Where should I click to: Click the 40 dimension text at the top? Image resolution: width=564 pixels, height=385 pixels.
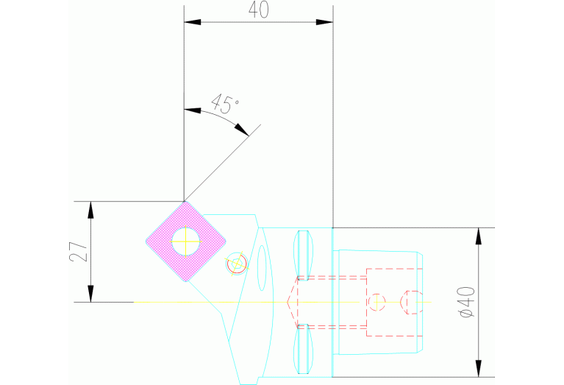(x=256, y=10)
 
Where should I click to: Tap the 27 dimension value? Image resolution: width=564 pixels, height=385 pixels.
(x=82, y=252)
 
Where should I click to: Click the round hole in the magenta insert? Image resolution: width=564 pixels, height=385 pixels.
(x=185, y=239)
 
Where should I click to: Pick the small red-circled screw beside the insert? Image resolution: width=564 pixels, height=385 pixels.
(x=237, y=263)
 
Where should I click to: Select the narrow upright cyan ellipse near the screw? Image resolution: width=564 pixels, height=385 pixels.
(x=260, y=268)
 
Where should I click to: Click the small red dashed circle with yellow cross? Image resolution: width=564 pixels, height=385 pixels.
(x=377, y=301)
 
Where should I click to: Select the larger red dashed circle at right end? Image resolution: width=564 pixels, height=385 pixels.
(x=412, y=301)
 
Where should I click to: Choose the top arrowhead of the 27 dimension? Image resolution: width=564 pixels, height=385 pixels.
(x=91, y=209)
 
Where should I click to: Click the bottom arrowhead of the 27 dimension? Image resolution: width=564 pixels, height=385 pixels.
(x=91, y=294)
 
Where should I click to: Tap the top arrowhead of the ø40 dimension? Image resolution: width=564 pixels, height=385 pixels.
(x=479, y=236)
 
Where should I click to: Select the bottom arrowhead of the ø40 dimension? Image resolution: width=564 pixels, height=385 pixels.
(x=479, y=368)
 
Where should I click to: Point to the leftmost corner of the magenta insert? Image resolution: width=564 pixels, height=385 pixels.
(x=146, y=241)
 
